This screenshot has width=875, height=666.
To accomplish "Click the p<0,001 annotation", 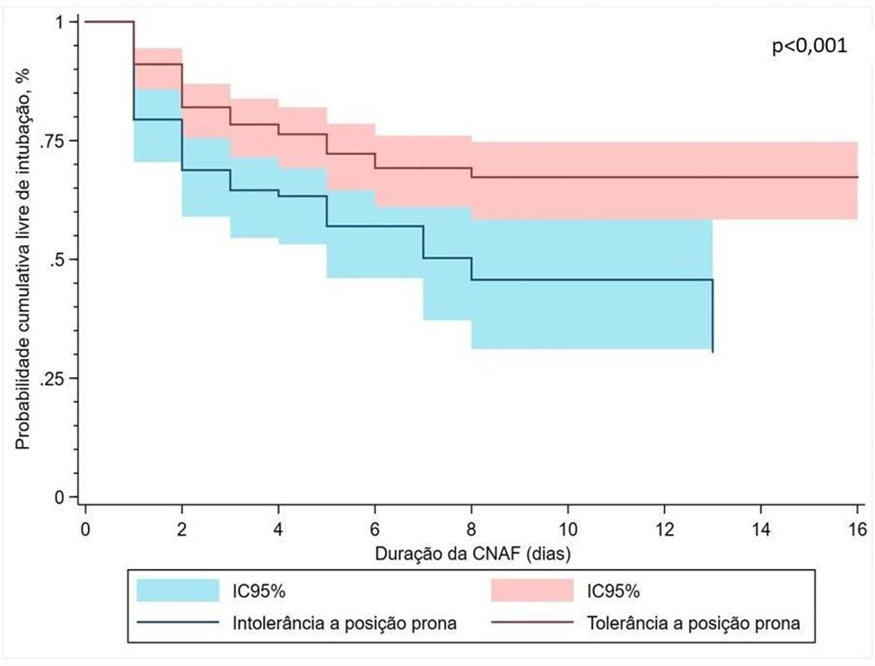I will (809, 48).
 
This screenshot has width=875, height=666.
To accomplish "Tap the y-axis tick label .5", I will (61, 259).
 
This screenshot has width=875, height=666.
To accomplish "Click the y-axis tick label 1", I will (65, 22).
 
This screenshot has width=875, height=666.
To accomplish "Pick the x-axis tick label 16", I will (857, 520).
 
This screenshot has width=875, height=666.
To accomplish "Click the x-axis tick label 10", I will (567, 520).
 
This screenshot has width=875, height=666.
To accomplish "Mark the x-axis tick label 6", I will (374, 520).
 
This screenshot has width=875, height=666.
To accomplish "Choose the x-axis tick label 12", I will (664, 520).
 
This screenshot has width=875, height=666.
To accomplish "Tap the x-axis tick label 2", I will (181, 520).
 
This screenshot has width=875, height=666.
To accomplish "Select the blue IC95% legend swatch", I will (178, 591).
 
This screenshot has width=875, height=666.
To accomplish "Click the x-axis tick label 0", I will (84, 520).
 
